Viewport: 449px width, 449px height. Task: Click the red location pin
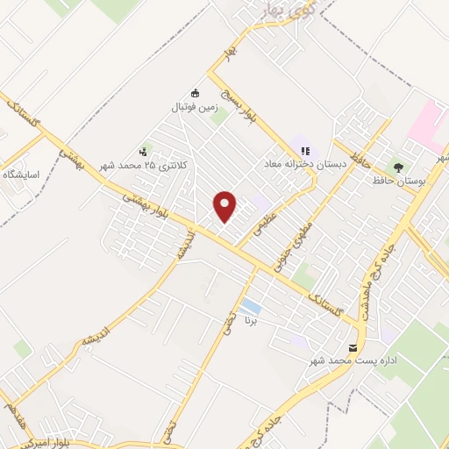tap(225, 205)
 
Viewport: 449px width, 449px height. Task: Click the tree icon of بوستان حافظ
tap(399, 166)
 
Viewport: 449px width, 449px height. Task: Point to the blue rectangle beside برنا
tap(251, 306)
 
